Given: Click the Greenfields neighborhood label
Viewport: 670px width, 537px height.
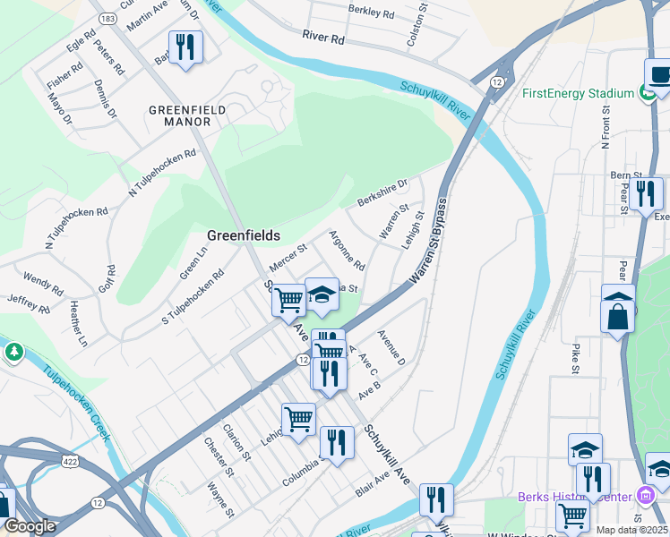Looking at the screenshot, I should point(244,235).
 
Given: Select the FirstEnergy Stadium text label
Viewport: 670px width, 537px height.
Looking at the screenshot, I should point(578,92).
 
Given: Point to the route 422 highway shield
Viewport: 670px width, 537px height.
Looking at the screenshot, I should point(69,458).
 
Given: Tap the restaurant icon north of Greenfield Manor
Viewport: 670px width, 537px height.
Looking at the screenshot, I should point(185,47).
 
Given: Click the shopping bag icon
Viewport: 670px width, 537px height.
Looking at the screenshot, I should point(618,314).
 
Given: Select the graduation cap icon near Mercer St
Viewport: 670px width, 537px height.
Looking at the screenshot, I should point(322,294).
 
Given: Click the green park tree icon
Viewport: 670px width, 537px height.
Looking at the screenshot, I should point(13,352).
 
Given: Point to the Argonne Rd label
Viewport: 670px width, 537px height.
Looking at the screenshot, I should point(347,251).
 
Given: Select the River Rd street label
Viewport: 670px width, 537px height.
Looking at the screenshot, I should point(323,38).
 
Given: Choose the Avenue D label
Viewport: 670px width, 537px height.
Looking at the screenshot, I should point(391,347).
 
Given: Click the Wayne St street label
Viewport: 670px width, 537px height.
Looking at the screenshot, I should point(221,500).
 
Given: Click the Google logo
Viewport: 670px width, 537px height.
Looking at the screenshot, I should point(30,525).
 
